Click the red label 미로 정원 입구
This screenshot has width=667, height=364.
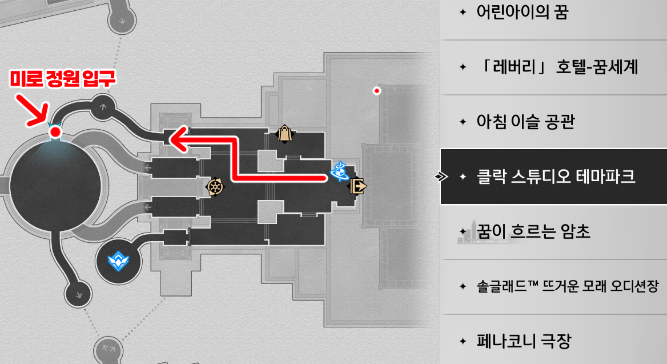pyautogui.click(x=63, y=79)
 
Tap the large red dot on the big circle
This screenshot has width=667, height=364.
pyautogui.click(x=55, y=133)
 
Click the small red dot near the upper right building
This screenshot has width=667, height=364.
pyautogui.click(x=376, y=90)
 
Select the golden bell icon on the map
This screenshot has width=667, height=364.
pyautogui.click(x=284, y=134)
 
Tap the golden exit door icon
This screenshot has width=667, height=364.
pyautogui.click(x=359, y=186)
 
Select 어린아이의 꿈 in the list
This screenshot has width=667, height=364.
pyautogui.click(x=522, y=13)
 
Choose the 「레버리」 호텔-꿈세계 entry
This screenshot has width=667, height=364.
pyautogui.click(x=557, y=67)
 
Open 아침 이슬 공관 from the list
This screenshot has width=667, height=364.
pyautogui.click(x=525, y=122)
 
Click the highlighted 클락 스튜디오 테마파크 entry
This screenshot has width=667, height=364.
pyautogui.click(x=556, y=177)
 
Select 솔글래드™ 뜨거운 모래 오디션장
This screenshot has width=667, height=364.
pyautogui.click(x=567, y=287)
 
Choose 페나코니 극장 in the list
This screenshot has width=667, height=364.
pyautogui.click(x=523, y=342)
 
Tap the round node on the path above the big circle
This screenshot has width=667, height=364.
pyautogui.click(x=103, y=106)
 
